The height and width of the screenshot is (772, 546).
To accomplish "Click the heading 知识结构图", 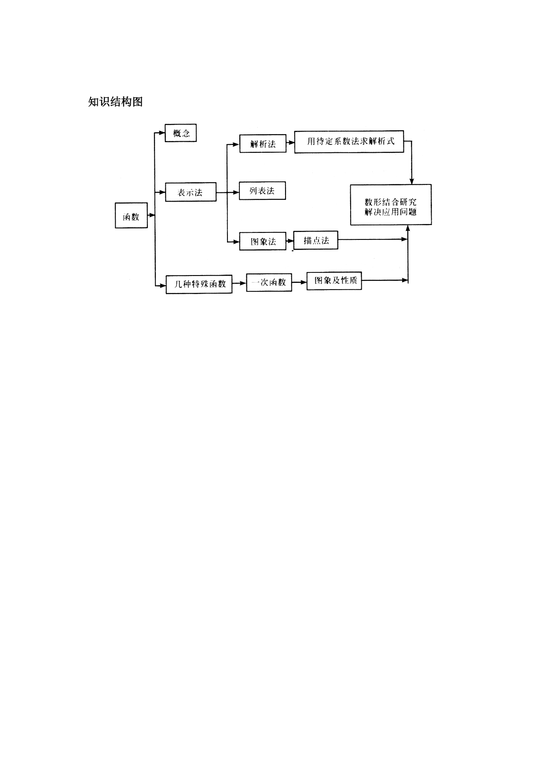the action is click(115, 102).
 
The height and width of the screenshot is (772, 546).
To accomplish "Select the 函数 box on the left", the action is click(131, 216).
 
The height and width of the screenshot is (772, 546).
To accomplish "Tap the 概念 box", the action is click(181, 133).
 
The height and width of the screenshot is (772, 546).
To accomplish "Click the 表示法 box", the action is click(191, 192).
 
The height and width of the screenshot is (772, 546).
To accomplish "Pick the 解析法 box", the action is click(263, 143).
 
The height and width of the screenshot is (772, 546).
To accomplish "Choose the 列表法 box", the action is click(262, 191).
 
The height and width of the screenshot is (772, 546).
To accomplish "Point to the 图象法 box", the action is click(263, 241).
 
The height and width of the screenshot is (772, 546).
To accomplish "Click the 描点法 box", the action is click(316, 240).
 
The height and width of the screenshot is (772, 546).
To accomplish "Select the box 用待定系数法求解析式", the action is click(349, 142).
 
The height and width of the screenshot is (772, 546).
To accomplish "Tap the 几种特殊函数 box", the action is click(199, 284).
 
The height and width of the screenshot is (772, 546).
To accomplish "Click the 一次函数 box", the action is click(269, 283).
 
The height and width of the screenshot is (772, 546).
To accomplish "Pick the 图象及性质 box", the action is click(334, 280).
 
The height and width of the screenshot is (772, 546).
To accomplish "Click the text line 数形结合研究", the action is click(391, 202).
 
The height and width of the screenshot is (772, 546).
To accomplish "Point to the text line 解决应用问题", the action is click(391, 212).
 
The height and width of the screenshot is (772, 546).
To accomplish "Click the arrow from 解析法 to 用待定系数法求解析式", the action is click(290, 143).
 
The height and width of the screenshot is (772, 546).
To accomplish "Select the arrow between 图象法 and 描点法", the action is click(290, 241).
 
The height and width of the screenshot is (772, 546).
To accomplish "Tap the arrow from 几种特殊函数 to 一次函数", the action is click(239, 283).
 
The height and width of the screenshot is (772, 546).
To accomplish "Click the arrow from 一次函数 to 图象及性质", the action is click(300, 282).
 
